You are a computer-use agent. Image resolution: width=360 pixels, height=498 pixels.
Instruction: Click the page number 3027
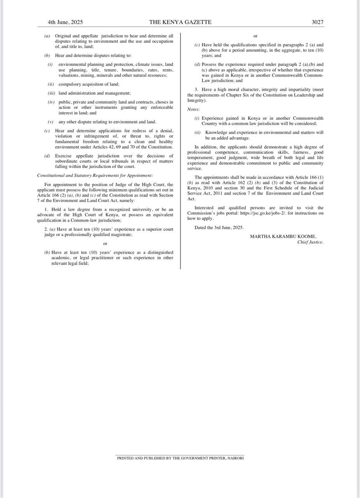pos(317,22)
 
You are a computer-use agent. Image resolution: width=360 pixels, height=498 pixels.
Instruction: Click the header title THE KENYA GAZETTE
pos(180,22)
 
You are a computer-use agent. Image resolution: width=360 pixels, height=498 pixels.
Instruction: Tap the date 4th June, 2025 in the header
pos(65,22)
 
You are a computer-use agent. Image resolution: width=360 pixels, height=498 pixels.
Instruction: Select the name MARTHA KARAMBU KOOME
pos(283,236)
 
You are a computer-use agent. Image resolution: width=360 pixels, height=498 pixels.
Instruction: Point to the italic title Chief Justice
pos(310,242)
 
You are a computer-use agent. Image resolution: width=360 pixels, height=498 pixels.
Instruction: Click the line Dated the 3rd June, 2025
pos(219,228)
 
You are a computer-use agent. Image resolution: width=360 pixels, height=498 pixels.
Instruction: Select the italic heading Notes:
pos(193,109)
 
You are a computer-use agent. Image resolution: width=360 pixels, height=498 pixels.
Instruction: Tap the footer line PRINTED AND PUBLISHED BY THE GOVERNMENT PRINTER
pos(180,458)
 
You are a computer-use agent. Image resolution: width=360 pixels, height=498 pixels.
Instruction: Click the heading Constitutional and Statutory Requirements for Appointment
pos(95,175)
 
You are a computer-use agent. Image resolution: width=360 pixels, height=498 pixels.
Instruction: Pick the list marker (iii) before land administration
pos(51,93)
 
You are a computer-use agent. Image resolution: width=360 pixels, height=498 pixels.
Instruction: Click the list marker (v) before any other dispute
pos(51,122)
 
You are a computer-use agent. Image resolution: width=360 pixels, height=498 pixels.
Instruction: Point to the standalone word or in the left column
pos(105,244)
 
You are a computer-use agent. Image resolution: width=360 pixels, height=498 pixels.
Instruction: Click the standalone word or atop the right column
pos(255,36)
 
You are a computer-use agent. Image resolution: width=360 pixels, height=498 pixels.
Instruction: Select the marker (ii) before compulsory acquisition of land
pos(51,84)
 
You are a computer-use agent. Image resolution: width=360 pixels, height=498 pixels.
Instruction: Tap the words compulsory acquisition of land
pos(89,84)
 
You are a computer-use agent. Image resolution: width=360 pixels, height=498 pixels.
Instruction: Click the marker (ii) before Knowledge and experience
pos(197,133)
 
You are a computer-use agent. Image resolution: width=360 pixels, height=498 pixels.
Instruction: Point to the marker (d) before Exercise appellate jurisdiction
pos(47,156)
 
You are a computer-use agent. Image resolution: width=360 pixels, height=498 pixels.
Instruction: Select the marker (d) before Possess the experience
pos(198,65)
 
